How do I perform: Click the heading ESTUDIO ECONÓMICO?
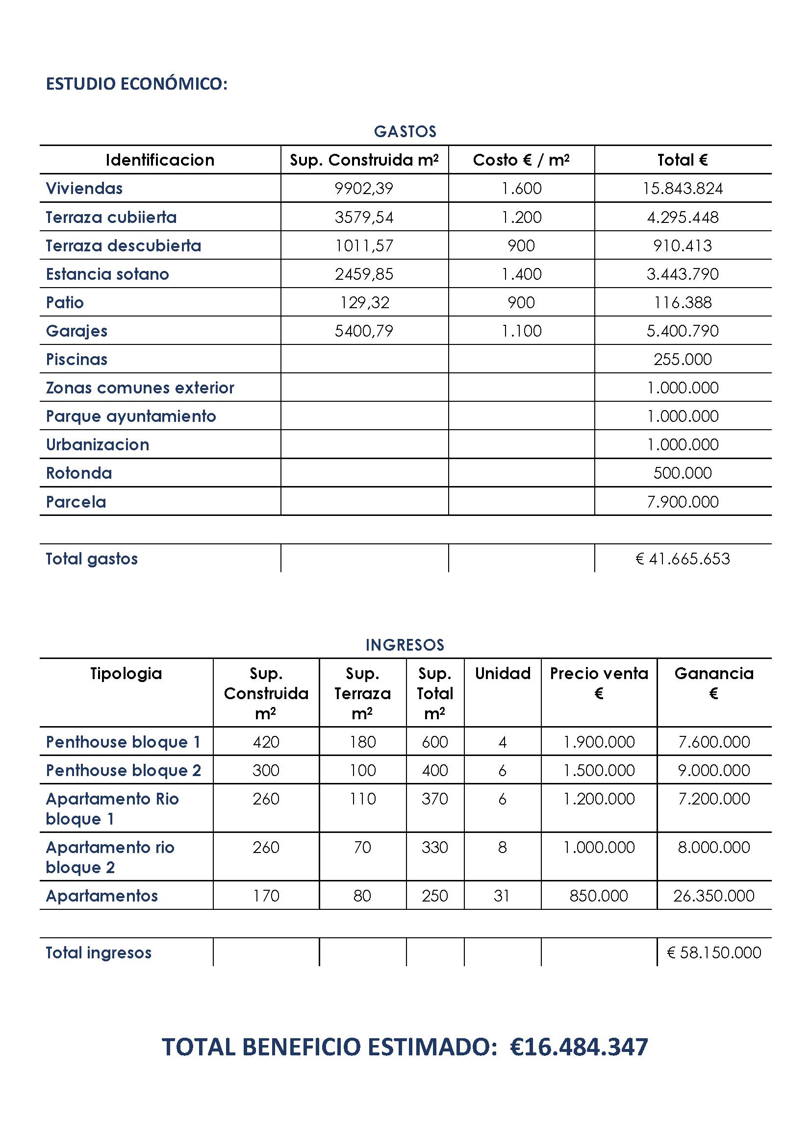pyautogui.click(x=136, y=84)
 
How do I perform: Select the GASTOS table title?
pyautogui.click(x=405, y=131)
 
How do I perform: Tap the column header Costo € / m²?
pyautogui.click(x=521, y=160)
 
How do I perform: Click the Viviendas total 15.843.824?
pyautogui.click(x=682, y=189)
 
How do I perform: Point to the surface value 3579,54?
pyautogui.click(x=364, y=217)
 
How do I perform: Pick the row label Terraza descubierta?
pyautogui.click(x=124, y=245)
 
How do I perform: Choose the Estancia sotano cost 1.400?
pyautogui.click(x=521, y=274)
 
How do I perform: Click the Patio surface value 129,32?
pyautogui.click(x=364, y=302)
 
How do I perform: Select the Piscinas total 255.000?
pyautogui.click(x=682, y=359)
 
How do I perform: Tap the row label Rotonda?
pyautogui.click(x=79, y=473)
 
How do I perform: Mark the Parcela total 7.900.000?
pyautogui.click(x=682, y=502)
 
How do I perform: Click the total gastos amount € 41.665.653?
pyautogui.click(x=682, y=559)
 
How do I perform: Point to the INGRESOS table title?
pyautogui.click(x=405, y=645)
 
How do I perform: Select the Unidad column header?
pyautogui.click(x=503, y=674)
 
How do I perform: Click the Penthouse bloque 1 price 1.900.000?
pyautogui.click(x=599, y=742)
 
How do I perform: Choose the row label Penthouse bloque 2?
pyautogui.click(x=124, y=771)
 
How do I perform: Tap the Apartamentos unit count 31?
pyautogui.click(x=502, y=896)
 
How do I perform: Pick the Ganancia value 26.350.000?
pyautogui.click(x=713, y=896)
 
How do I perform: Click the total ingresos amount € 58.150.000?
pyautogui.click(x=713, y=953)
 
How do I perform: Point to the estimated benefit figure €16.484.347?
pyautogui.click(x=579, y=1047)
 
